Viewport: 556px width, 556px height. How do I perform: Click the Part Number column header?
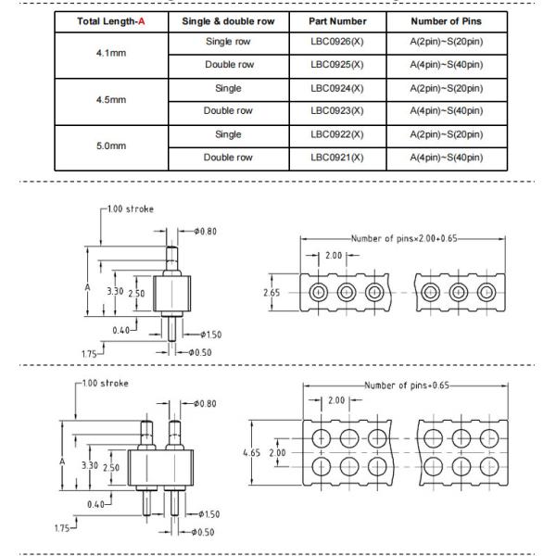point(338,20)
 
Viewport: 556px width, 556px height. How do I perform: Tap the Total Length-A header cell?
point(111,20)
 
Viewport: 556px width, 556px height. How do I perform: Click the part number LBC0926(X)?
point(338,43)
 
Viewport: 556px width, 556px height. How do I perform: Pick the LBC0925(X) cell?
point(338,65)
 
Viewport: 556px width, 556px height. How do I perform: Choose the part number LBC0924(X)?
point(338,89)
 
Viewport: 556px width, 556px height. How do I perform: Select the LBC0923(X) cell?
point(338,111)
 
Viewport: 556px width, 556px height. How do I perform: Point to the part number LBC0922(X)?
point(338,134)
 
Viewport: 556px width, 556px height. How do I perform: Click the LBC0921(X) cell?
point(338,158)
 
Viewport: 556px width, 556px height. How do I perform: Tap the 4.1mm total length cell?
point(111,54)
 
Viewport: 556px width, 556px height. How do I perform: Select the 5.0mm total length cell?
point(111,146)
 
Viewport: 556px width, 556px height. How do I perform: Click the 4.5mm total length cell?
point(111,100)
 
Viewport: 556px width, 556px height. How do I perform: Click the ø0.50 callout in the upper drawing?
point(203,352)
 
